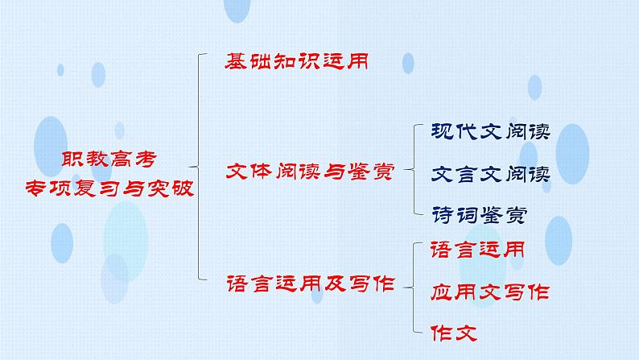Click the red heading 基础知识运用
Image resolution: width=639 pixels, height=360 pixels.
[297, 61]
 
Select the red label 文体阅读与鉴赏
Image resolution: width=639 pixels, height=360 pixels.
[310, 172]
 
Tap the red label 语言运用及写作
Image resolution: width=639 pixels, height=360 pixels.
[311, 283]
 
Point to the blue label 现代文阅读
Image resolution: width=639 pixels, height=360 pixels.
[491, 131]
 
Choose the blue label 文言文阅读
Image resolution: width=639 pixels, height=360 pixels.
[491, 174]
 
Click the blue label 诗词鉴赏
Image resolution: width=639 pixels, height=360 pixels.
[480, 214]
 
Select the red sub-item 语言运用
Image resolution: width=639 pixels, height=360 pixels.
[477, 250]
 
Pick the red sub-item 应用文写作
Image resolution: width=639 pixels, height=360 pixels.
[490, 292]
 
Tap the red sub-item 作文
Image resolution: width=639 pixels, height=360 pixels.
[454, 333]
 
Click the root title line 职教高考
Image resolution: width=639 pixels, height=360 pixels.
[109, 159]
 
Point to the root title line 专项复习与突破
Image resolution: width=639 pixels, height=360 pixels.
[109, 188]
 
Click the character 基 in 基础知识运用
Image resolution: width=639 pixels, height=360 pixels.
[236, 61]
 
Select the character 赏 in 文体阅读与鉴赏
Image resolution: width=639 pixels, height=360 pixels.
[383, 172]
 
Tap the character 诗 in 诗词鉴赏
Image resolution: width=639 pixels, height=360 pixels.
[443, 214]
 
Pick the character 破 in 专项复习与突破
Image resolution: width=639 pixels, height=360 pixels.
[183, 188]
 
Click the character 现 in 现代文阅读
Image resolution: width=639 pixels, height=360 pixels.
[443, 131]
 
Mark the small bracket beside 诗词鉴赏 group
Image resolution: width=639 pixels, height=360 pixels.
[414, 170]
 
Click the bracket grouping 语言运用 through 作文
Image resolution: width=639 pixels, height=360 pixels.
[413, 288]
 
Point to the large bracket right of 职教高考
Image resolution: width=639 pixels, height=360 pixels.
[199, 167]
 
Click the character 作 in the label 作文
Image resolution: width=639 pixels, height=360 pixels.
[441, 333]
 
